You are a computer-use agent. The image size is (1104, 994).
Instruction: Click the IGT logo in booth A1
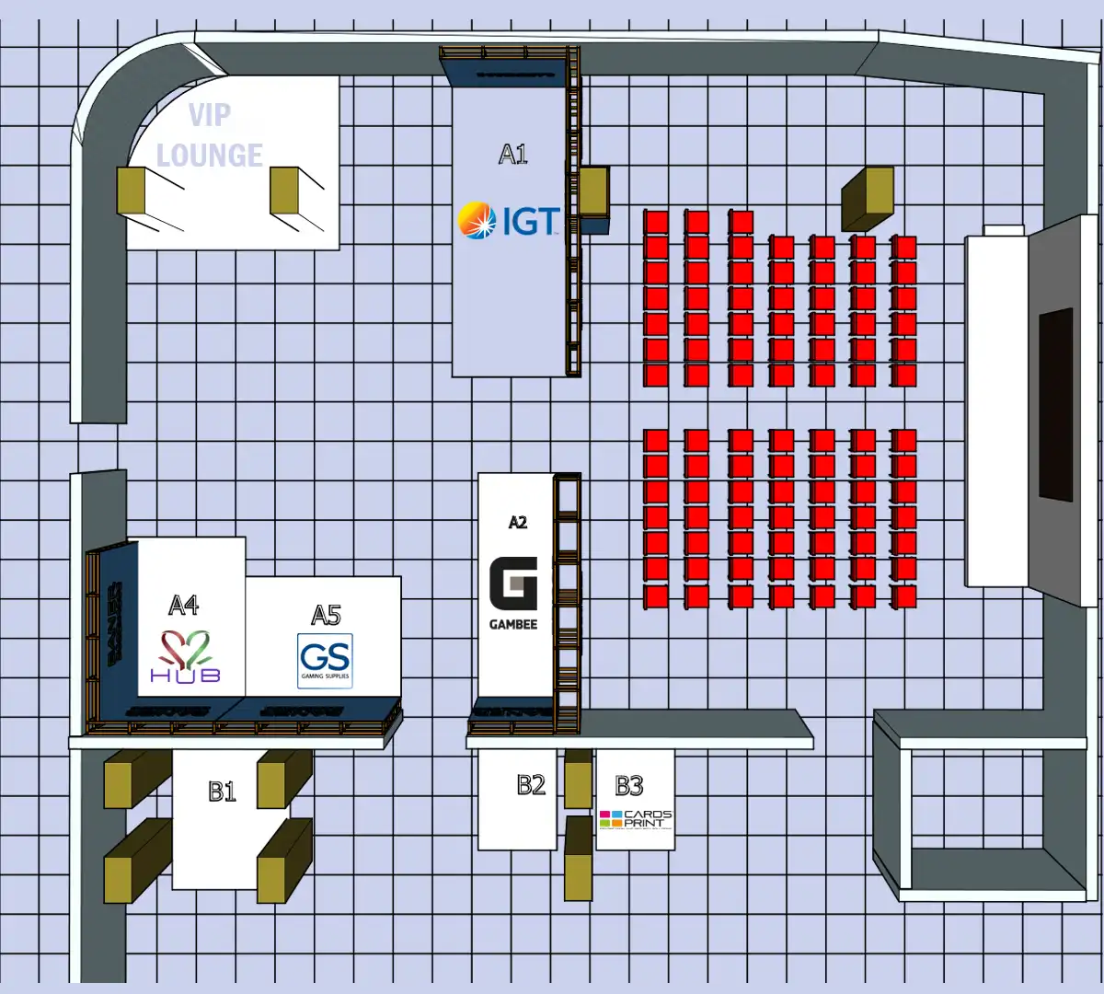(509, 221)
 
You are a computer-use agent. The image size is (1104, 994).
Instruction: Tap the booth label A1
(513, 154)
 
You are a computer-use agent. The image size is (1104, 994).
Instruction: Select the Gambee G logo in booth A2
(513, 584)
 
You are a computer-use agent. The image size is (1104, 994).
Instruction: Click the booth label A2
(518, 523)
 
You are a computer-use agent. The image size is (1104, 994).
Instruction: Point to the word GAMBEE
(513, 624)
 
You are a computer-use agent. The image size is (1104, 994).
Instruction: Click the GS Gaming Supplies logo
(325, 660)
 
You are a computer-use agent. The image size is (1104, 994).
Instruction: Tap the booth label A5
(326, 615)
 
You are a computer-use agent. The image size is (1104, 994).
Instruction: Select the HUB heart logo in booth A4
(186, 656)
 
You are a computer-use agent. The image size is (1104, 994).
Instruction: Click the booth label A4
(184, 605)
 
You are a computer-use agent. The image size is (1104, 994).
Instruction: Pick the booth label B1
(222, 792)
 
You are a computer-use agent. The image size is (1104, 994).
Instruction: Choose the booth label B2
(531, 785)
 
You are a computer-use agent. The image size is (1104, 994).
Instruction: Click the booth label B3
(629, 786)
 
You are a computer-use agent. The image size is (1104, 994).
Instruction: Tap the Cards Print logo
(636, 818)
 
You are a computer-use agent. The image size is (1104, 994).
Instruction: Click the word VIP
(210, 115)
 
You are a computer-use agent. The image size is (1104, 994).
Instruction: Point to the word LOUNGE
(210, 156)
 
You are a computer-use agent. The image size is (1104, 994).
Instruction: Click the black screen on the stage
(1056, 405)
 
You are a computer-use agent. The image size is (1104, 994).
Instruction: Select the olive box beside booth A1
(592, 190)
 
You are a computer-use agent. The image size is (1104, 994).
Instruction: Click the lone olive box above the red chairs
(868, 198)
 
